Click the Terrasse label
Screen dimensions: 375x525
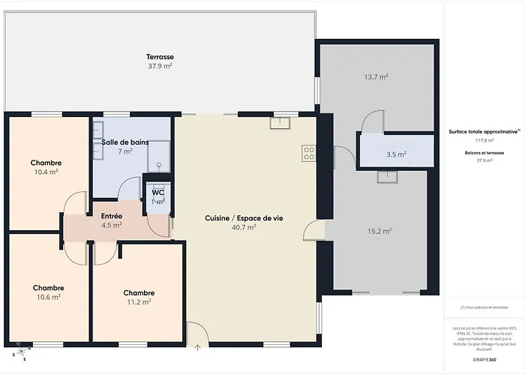click(160, 57)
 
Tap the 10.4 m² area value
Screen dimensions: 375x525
click(46, 172)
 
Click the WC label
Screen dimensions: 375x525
click(158, 192)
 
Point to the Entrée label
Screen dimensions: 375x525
click(111, 215)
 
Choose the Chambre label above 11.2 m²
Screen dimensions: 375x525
click(139, 292)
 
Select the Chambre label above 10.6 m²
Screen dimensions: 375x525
click(48, 287)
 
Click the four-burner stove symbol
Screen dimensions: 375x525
click(308, 152)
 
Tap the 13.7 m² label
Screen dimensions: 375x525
click(376, 76)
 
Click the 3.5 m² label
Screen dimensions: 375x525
click(396, 154)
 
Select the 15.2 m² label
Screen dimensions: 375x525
click(379, 231)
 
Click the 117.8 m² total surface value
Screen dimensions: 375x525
click(484, 139)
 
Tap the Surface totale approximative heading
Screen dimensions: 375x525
click(483, 130)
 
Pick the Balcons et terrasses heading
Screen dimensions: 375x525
click(484, 152)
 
